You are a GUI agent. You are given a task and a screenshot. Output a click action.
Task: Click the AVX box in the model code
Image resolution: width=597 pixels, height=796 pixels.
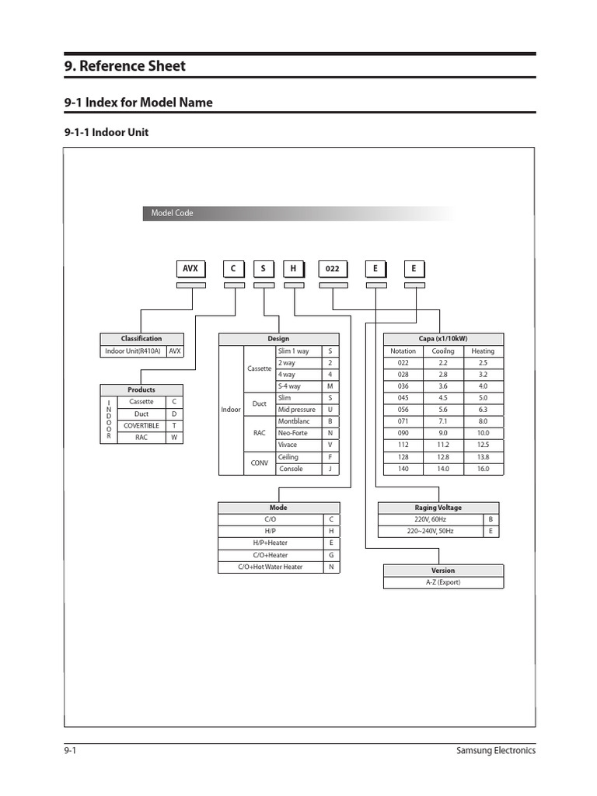click(190, 269)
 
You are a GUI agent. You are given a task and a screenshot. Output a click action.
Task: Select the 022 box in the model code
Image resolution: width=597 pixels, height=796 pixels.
click(333, 269)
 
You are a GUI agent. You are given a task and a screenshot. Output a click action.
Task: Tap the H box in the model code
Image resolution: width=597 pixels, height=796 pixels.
click(293, 269)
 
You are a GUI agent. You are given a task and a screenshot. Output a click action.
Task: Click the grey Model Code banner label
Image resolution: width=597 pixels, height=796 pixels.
click(173, 213)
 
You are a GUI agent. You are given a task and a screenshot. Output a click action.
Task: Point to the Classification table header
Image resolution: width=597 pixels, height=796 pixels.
click(141, 339)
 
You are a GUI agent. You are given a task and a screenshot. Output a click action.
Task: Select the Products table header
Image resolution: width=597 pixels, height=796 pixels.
click(141, 389)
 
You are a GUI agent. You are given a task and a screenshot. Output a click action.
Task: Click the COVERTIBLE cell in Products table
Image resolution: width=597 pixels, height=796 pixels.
click(141, 425)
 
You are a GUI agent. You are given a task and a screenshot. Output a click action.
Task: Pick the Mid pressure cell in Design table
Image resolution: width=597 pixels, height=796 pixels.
click(297, 409)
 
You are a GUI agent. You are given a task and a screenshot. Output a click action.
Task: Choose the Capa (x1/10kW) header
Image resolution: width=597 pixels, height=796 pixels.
click(443, 339)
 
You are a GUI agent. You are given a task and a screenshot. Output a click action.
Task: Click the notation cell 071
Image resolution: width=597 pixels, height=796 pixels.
click(403, 421)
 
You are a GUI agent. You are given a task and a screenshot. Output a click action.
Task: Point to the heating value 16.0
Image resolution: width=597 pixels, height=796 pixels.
click(483, 469)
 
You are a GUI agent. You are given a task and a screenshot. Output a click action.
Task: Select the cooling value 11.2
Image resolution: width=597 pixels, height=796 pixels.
click(442, 445)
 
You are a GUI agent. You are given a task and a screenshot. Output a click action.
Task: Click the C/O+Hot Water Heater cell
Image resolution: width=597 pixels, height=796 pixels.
click(270, 567)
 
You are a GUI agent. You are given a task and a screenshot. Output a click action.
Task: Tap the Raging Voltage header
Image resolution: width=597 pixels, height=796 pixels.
click(438, 508)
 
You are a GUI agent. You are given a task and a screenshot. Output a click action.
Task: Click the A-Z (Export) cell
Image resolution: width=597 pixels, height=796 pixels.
click(443, 582)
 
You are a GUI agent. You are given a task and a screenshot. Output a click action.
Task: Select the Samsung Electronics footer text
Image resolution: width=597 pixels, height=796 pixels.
click(495, 750)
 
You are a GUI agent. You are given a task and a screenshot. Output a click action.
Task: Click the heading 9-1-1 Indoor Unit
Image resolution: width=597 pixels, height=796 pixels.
click(106, 133)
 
